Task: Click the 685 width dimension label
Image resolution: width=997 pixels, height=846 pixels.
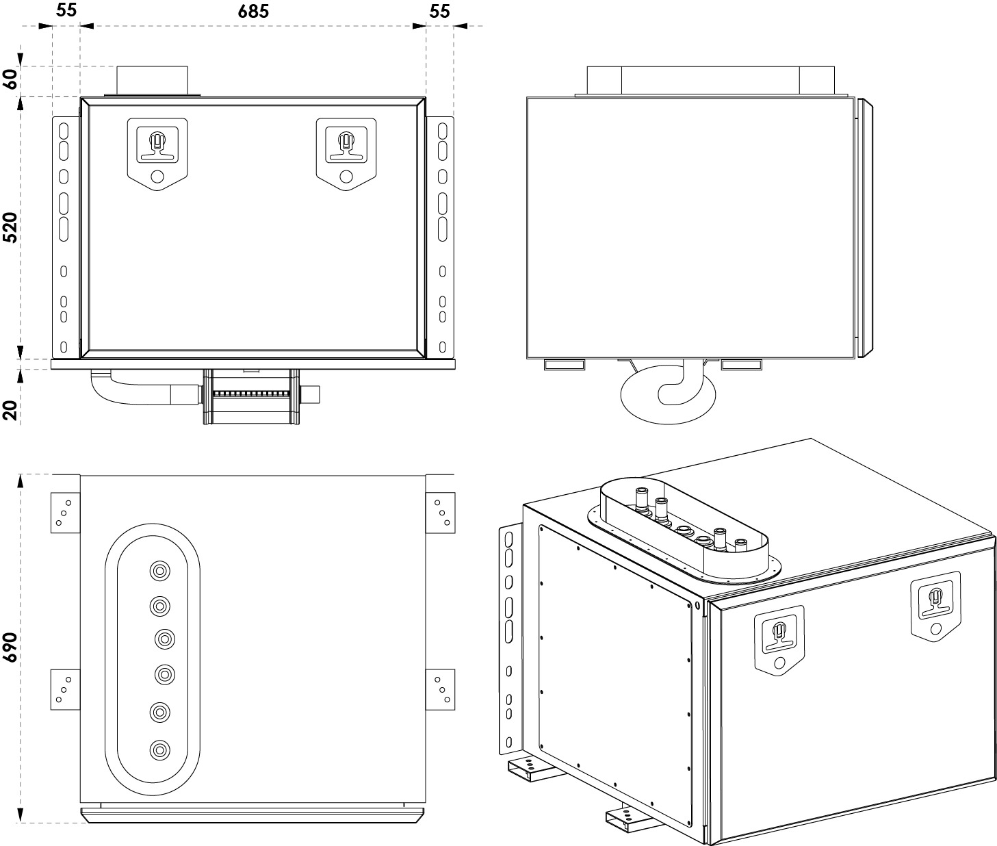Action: tap(253, 11)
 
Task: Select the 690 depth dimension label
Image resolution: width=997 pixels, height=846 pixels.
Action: tap(10, 648)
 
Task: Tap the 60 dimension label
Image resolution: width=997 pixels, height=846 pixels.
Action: tap(10, 79)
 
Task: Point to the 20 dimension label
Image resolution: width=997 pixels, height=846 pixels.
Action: tap(10, 410)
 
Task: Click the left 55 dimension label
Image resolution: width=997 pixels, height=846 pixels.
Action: tap(66, 10)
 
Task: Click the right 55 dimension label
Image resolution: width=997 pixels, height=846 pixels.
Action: tap(439, 11)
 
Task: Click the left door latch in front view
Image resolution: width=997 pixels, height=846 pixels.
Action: tap(157, 154)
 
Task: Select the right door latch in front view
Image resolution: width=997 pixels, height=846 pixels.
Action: tap(346, 154)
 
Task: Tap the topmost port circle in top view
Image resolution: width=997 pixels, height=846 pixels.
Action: tap(159, 572)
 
